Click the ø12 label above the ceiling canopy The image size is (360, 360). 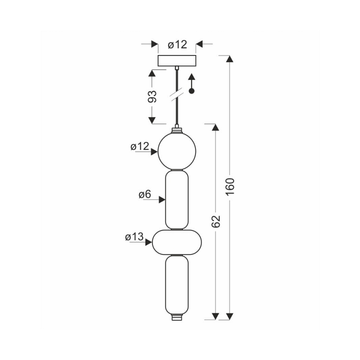click(177, 44)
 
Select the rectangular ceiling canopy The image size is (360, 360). click(177, 60)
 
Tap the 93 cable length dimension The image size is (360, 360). click(152, 96)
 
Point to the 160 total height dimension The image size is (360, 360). click(230, 186)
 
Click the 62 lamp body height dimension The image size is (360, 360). click(215, 221)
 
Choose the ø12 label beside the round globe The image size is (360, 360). click(140, 146)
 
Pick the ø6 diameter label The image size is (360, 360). click(145, 194)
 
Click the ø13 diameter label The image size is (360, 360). click(134, 236)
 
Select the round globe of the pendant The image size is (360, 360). click(177, 151)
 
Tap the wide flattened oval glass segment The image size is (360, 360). click(177, 242)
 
